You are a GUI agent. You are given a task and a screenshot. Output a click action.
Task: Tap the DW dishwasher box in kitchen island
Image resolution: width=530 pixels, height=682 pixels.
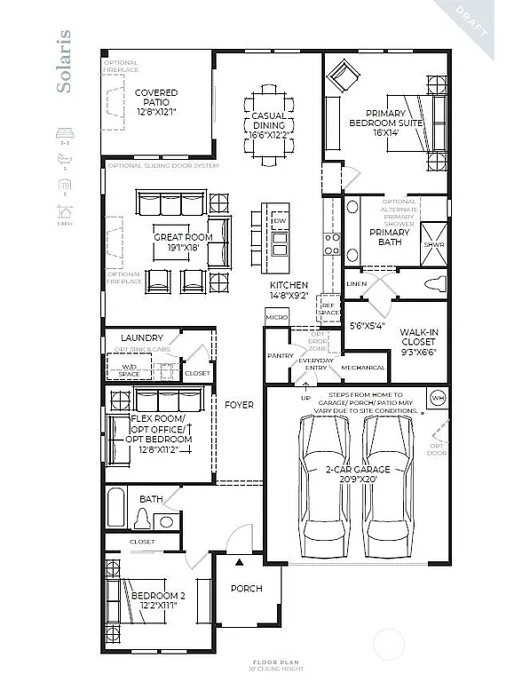point(279,219)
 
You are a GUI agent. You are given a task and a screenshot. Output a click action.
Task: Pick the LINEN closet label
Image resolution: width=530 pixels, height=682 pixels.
point(357,283)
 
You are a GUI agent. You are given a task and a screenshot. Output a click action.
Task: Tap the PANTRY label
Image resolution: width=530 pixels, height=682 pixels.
point(280,355)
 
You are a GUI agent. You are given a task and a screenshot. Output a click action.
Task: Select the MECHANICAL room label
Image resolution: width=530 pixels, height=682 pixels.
point(364,368)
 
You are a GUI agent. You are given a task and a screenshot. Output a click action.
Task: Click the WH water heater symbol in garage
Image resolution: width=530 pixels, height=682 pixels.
point(437,396)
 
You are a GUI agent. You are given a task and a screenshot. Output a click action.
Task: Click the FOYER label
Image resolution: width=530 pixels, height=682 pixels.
point(239,405)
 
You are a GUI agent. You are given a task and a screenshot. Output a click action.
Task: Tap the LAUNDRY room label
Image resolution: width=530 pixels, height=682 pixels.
point(142,337)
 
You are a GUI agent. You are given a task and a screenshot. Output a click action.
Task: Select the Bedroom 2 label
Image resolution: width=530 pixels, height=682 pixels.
point(157,599)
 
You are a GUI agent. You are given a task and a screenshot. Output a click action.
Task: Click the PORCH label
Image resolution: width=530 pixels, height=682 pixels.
point(246,589)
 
